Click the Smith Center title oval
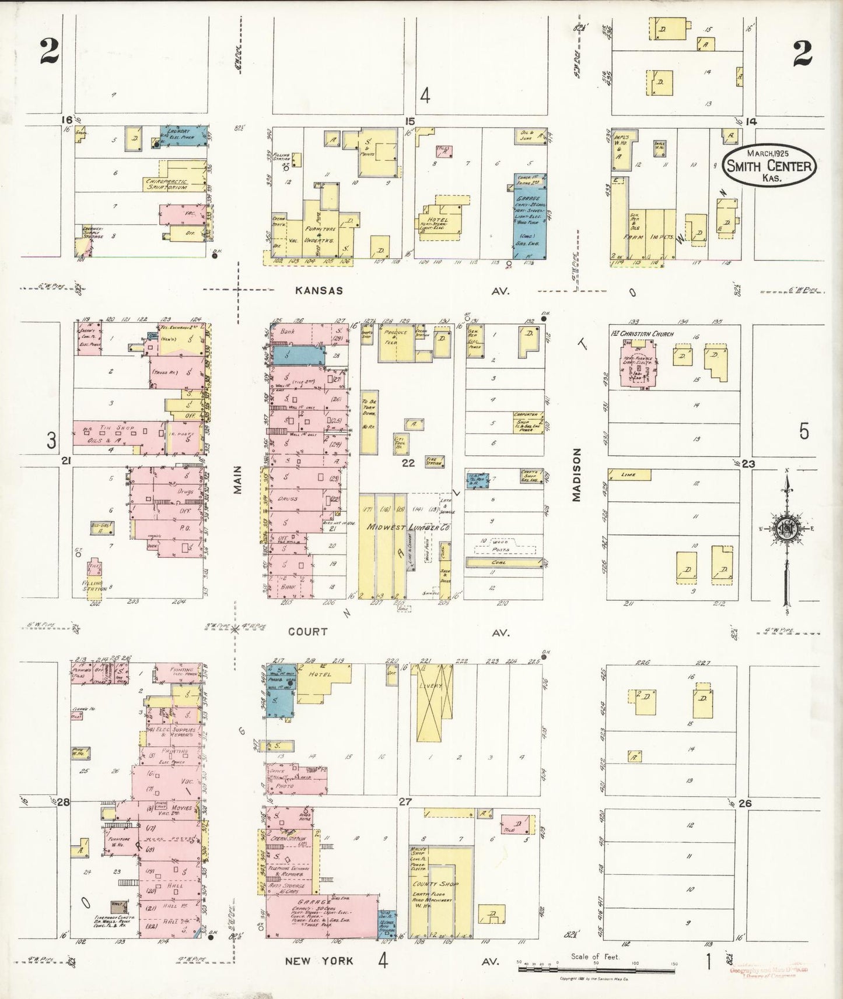(769, 166)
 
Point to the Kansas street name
(319, 290)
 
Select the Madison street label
(577, 474)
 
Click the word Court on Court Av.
(307, 631)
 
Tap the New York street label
(319, 961)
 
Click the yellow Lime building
(629, 474)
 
